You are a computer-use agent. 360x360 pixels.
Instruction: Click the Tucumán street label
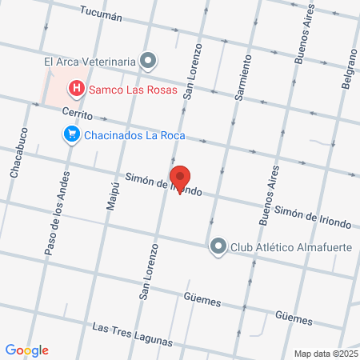102,13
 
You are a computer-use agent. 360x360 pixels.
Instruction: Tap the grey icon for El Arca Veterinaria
148,60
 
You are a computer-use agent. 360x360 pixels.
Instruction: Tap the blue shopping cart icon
72,134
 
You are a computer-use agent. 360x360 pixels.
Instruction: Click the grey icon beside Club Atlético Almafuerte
218,246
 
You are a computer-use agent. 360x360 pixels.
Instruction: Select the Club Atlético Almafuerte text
291,246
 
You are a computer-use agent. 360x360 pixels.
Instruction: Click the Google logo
26,350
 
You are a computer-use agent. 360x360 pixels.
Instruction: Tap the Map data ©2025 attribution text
326,353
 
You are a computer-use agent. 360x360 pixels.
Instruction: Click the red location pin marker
179,178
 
